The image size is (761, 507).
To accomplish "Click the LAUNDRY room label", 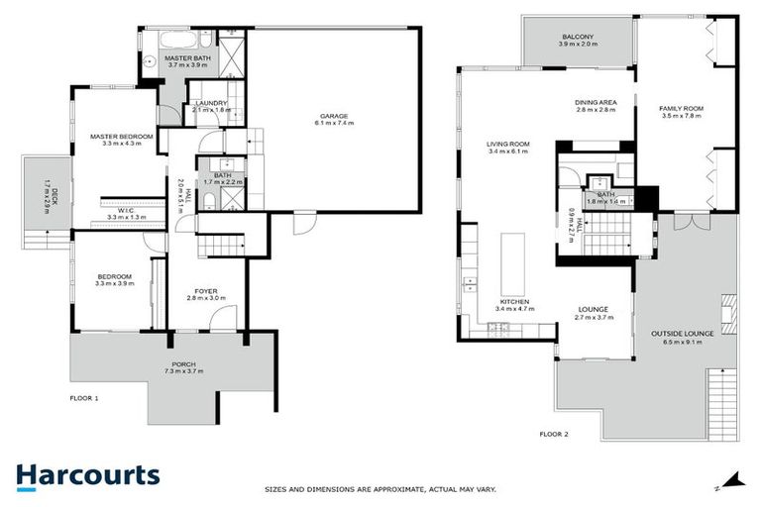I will [212, 103].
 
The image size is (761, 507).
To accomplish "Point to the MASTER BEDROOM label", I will [122, 136].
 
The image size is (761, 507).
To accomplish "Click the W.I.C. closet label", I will [126, 209].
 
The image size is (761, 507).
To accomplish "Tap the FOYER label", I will [206, 292].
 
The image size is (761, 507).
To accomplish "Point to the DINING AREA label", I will [596, 102].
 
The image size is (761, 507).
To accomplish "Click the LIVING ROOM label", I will [507, 145].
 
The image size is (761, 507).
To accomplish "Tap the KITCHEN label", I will [513, 301].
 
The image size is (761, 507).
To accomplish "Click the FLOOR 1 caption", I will [84, 398].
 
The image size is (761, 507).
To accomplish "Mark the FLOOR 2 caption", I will [554, 434].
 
